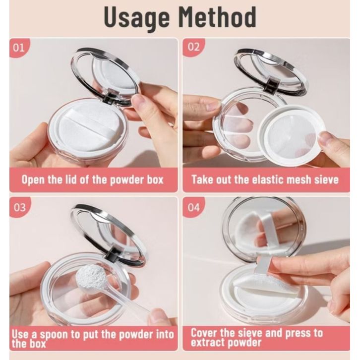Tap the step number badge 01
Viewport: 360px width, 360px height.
click(x=19, y=48)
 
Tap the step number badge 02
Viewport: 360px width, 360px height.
click(x=193, y=47)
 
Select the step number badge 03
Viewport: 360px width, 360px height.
click(x=19, y=208)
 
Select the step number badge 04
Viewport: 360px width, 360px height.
click(x=193, y=208)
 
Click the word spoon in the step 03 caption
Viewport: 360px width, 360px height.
click(x=54, y=335)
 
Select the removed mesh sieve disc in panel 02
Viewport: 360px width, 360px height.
click(x=292, y=135)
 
